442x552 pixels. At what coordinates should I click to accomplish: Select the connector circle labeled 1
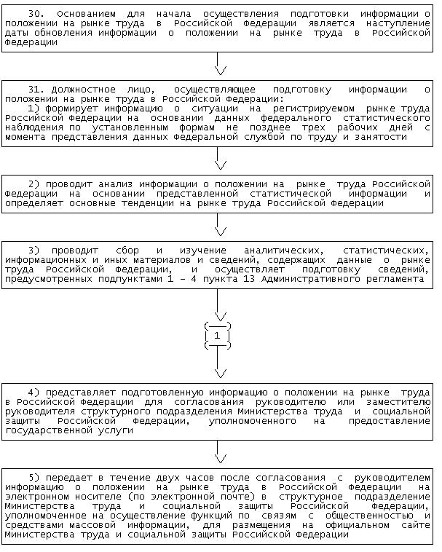[218, 335]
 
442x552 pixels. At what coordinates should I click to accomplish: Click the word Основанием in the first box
[80, 14]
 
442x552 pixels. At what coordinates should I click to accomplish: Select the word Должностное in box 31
[79, 90]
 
